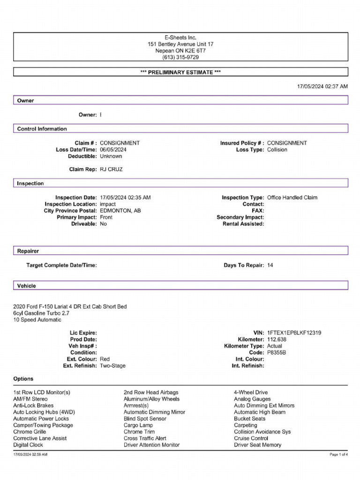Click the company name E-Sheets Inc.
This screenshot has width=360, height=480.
[x=180, y=37]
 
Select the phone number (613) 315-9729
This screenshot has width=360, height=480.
[x=180, y=57]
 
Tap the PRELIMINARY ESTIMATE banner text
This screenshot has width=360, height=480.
[x=180, y=72]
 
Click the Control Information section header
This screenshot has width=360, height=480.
[x=42, y=129]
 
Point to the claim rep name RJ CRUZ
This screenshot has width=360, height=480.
[x=111, y=169]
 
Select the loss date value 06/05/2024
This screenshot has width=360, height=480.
[x=113, y=150]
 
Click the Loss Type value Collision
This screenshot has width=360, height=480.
[x=277, y=150]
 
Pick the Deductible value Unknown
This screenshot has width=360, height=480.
[x=111, y=156]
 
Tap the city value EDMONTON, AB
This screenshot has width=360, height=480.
[x=120, y=211]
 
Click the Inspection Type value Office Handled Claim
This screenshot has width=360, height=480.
[x=292, y=198]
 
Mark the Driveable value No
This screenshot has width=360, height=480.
[x=104, y=224]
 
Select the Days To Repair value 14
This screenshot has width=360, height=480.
[x=270, y=265]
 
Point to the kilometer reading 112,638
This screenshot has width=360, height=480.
[x=277, y=339]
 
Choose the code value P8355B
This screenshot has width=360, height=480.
[x=276, y=352]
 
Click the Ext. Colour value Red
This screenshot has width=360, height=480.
[x=105, y=359]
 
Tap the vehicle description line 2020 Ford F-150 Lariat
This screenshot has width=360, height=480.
[x=70, y=307]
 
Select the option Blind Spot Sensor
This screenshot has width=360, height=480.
[x=145, y=419]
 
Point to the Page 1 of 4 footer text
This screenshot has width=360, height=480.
[x=338, y=455]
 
